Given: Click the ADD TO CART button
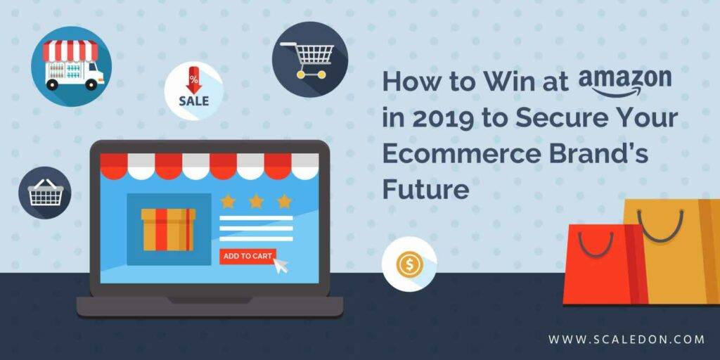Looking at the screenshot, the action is coord(247,256).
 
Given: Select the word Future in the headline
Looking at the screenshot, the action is coord(425,189).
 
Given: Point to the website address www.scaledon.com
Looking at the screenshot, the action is coord(626,340).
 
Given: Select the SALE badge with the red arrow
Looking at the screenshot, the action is coord(194,91).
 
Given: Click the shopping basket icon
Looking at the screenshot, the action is coord(45,193).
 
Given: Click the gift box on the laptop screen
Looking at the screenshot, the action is coord(168,229).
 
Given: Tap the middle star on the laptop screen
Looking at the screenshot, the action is coord(256,201).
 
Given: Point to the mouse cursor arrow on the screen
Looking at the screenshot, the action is coord(280,265).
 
